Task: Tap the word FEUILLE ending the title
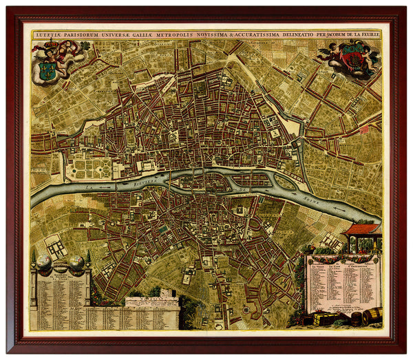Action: pyautogui.click(x=365, y=30)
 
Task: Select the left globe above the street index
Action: pyautogui.click(x=43, y=262)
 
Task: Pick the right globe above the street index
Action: pyautogui.click(x=76, y=262)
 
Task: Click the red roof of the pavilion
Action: pyautogui.click(x=363, y=229)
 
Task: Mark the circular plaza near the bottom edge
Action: pyautogui.click(x=246, y=311)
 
